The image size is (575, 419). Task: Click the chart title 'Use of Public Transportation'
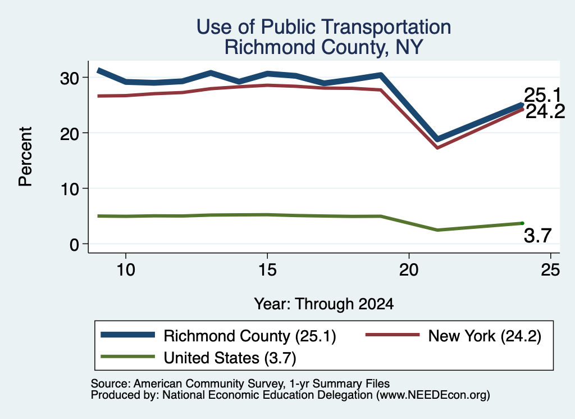tap(324, 27)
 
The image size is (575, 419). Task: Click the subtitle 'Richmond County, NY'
tap(324, 47)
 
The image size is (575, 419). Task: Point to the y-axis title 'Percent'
tap(25, 156)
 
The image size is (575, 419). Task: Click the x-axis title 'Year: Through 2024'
tap(324, 304)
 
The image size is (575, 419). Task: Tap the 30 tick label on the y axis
tap(69, 78)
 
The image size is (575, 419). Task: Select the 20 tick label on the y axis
tap(69, 134)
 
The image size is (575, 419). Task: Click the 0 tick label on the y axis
tap(75, 245)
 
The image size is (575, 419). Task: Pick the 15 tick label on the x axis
tap(267, 271)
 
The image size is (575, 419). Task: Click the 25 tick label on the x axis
tap(550, 271)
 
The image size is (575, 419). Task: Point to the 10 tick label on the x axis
tap(126, 271)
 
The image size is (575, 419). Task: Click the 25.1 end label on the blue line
tap(543, 96)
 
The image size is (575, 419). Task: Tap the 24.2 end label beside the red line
tap(545, 111)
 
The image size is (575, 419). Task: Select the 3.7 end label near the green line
tap(537, 236)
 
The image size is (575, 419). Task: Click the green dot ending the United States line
tap(522, 223)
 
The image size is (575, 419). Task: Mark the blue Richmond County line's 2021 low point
tap(437, 139)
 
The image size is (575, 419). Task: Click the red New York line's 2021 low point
tap(437, 147)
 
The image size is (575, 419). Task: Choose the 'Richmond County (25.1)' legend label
tap(250, 336)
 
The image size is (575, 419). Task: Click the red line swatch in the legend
tap(393, 335)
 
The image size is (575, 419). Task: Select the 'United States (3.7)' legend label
tap(230, 358)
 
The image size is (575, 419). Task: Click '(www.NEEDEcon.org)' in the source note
tap(433, 395)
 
